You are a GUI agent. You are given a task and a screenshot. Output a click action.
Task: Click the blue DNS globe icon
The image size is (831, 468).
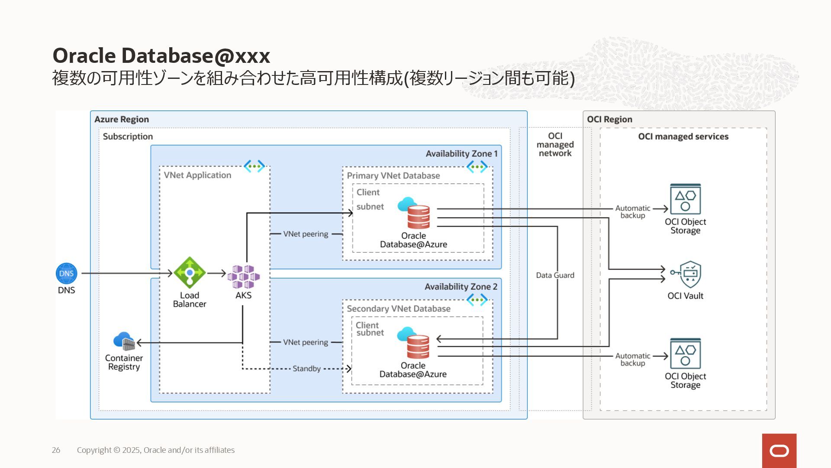(66, 273)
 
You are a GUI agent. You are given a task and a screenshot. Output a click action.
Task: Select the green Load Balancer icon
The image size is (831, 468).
(189, 273)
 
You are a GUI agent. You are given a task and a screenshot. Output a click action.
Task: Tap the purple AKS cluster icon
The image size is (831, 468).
(243, 276)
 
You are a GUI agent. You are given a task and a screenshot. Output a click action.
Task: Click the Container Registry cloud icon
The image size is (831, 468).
(124, 341)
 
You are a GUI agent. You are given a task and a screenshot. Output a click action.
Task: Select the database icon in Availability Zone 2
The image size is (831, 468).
(414, 343)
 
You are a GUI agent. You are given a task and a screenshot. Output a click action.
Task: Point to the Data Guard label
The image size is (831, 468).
(555, 275)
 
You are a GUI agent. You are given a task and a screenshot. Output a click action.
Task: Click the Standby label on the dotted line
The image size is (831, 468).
(306, 368)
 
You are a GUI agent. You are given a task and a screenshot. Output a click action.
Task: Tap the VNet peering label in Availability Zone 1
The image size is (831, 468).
(306, 234)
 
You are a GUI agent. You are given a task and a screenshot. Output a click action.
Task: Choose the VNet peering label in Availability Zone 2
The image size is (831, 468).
(306, 342)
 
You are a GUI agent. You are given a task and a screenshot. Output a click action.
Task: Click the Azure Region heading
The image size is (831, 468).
(122, 119)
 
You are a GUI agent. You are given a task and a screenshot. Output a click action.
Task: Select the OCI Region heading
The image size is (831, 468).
(609, 119)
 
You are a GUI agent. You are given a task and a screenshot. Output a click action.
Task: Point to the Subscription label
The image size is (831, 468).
(128, 136)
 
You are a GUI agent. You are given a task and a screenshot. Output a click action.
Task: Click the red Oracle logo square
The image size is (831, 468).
(779, 451)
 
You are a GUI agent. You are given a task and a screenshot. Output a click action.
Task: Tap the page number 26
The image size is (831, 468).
(56, 450)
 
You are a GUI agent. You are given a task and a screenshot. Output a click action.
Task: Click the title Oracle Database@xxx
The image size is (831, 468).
(161, 55)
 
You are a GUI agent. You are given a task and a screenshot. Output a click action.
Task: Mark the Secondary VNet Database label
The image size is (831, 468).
(399, 309)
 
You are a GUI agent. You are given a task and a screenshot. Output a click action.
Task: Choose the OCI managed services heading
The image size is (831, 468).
(683, 136)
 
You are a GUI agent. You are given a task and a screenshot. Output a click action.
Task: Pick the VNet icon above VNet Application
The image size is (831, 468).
(254, 166)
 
